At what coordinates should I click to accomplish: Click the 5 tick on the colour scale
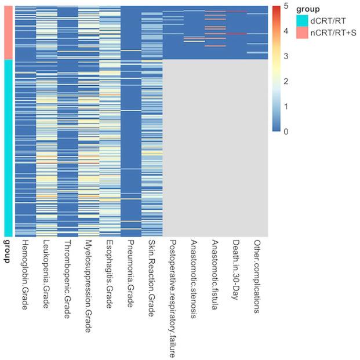tap(286, 6)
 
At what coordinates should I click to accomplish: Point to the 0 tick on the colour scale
tap(286, 131)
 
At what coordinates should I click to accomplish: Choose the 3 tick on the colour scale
tap(286, 56)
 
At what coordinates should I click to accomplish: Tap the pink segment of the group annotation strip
tap(8, 32)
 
